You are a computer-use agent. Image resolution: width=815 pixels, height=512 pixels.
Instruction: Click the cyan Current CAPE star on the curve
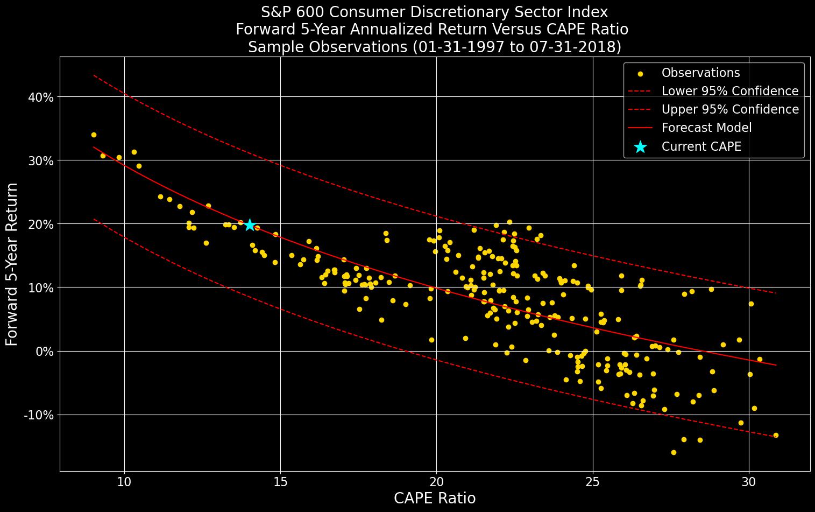pos(250,225)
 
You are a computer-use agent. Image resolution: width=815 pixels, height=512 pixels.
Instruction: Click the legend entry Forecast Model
pos(706,128)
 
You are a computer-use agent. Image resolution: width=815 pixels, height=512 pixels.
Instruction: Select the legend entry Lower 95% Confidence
pos(729,91)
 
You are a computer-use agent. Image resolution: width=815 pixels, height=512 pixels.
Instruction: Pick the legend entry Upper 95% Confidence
pos(729,109)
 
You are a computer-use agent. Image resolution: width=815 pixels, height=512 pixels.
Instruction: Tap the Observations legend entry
pos(700,73)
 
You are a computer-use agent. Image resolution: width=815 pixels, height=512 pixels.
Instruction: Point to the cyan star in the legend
pos(640,146)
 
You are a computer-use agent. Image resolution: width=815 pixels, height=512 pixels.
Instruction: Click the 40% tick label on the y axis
pos(40,97)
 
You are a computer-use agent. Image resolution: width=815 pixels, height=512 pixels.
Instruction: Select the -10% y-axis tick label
pos(39,415)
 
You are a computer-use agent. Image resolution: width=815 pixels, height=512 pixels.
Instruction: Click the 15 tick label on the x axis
pos(280,481)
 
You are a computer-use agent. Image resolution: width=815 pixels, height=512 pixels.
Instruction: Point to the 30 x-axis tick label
pos(749,481)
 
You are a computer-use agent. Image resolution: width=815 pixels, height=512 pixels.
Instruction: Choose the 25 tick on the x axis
pos(593,481)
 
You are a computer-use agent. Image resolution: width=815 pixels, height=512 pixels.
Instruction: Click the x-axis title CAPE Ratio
pos(435,499)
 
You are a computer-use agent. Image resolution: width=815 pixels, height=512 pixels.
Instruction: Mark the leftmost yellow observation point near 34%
pos(94,135)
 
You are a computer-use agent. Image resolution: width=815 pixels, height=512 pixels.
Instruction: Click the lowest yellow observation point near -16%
pos(674,452)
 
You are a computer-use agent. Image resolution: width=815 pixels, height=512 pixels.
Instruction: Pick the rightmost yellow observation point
pos(776,435)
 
